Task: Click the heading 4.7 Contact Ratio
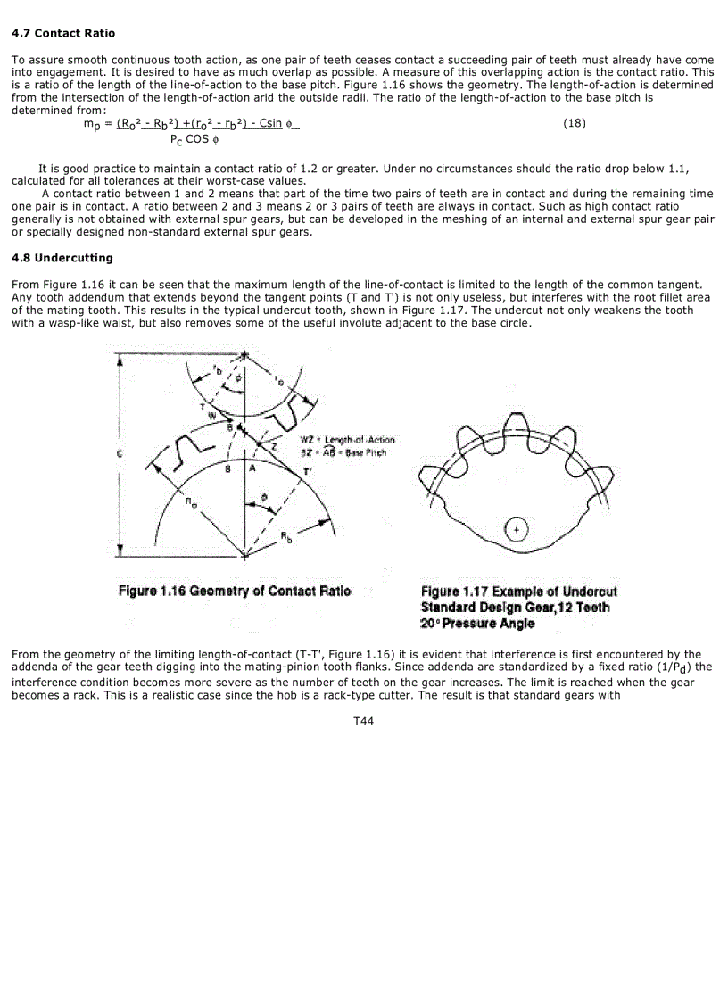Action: [x=62, y=33]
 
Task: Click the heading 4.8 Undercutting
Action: [x=62, y=258]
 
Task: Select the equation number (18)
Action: [x=575, y=123]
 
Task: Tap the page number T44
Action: [x=363, y=721]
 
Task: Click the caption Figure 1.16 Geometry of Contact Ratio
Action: [x=236, y=591]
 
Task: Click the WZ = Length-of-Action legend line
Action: [x=348, y=440]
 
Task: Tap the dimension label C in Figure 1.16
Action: [x=120, y=453]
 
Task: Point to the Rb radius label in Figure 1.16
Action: [x=285, y=535]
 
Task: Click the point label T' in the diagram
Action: [x=307, y=471]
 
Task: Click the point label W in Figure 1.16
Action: [x=211, y=414]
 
